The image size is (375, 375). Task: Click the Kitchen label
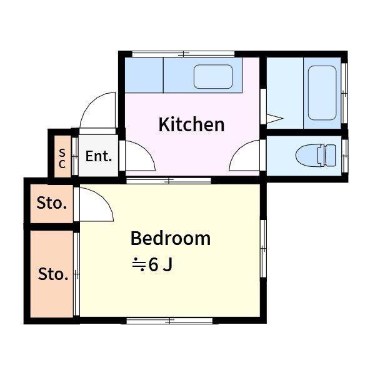click(192, 124)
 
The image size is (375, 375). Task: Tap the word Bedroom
click(171, 238)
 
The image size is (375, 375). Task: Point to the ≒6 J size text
click(152, 264)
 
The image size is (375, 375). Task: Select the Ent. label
click(99, 156)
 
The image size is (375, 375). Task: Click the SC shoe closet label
click(62, 158)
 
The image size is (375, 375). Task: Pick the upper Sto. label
click(51, 203)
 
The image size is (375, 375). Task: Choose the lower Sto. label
click(53, 274)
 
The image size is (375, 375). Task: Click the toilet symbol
click(316, 156)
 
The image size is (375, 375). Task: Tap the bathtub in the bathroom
click(322, 92)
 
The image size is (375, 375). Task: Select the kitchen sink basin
click(213, 76)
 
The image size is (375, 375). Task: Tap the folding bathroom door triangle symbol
click(275, 119)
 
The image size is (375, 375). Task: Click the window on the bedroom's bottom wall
click(169, 321)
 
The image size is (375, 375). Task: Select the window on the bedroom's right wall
click(263, 249)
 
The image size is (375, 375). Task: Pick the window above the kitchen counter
click(183, 54)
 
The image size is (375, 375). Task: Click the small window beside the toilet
click(344, 156)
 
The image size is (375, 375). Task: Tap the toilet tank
click(331, 156)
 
